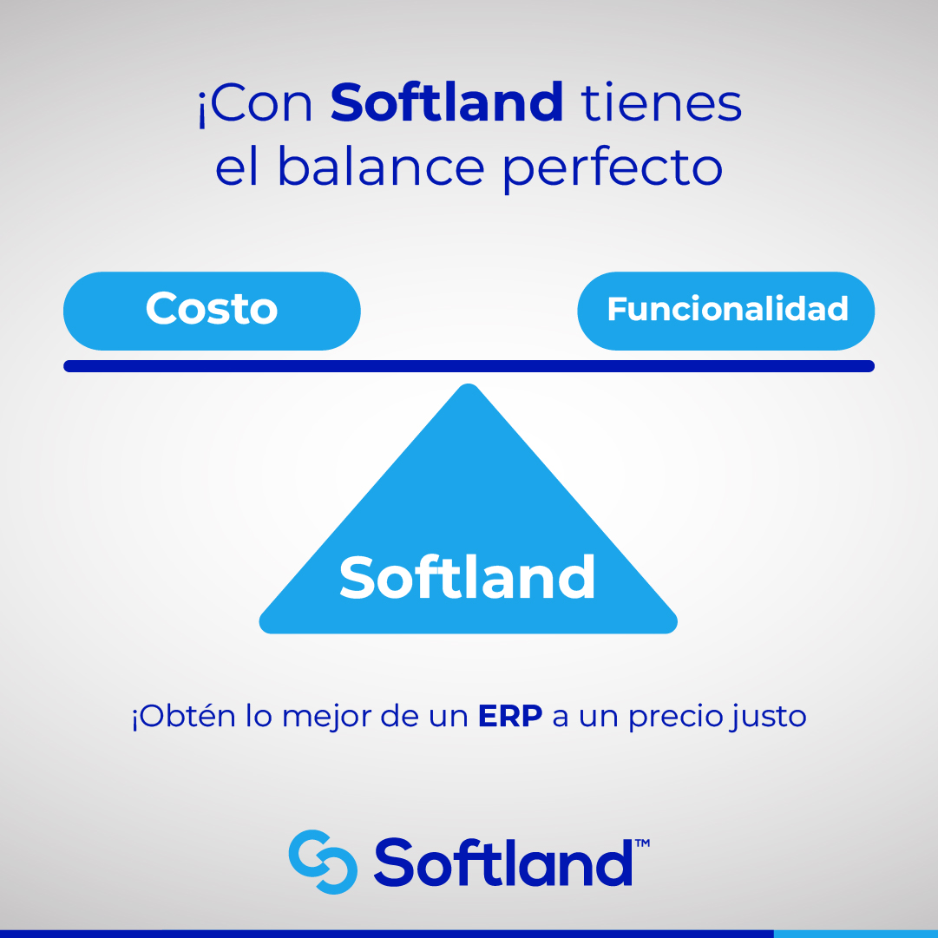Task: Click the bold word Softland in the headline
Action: click(x=447, y=103)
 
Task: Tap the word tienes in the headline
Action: click(x=661, y=103)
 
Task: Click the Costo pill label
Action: click(x=212, y=310)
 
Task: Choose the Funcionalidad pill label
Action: click(x=726, y=310)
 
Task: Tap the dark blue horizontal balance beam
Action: click(x=469, y=366)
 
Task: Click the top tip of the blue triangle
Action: click(x=469, y=390)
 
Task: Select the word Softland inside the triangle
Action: click(x=468, y=578)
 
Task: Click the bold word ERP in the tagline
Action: click(x=509, y=718)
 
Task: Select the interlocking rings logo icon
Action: click(x=323, y=862)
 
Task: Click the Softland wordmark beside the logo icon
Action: click(x=503, y=862)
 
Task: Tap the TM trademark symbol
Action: click(x=643, y=843)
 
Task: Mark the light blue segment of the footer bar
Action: click(x=855, y=934)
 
